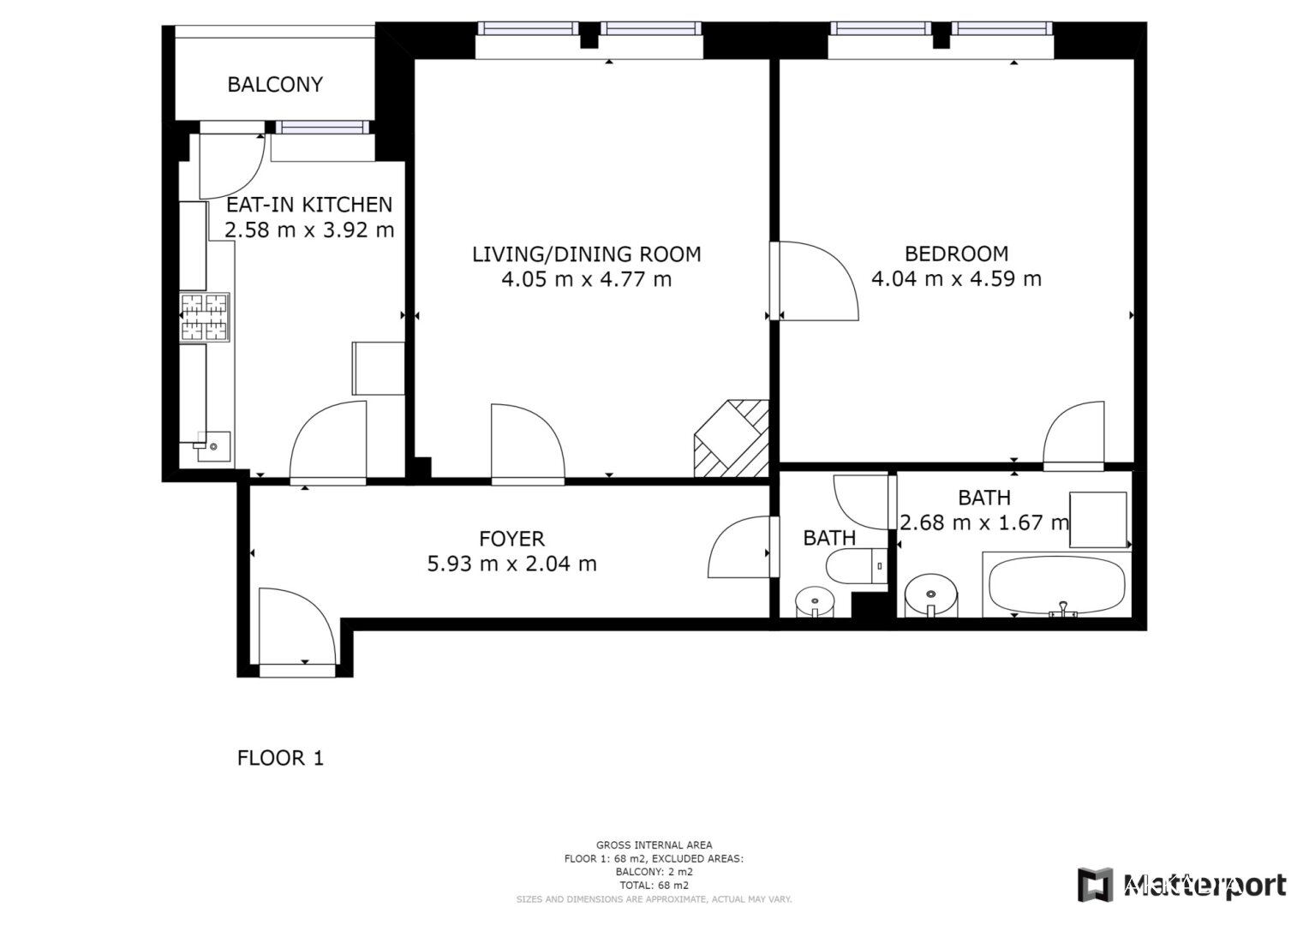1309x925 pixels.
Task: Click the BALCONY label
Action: [x=275, y=85]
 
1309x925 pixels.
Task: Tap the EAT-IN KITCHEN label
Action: [x=309, y=205]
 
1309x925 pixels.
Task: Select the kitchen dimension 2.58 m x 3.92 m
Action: [x=309, y=230]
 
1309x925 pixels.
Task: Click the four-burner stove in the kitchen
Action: [x=204, y=317]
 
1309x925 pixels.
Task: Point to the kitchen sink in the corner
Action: [x=213, y=446]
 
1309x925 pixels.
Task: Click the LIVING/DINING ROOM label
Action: [x=587, y=254]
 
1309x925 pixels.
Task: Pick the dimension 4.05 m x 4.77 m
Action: [x=587, y=279]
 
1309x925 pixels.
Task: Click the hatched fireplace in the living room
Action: [x=731, y=439]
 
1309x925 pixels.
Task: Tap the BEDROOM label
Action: [x=957, y=254]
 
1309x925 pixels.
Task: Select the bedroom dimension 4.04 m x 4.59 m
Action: [x=957, y=278]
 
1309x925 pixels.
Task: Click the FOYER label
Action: [x=512, y=539]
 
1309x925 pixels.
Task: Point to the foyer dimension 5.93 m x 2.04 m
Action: [x=512, y=564]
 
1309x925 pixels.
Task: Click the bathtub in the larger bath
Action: [x=1056, y=584]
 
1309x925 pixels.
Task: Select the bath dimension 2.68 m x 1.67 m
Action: [x=984, y=522]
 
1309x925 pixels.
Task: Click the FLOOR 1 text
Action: [x=280, y=759]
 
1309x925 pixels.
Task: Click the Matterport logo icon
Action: [x=1095, y=885]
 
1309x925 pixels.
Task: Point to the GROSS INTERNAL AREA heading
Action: [x=654, y=845]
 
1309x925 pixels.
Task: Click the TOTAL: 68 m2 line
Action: [x=654, y=886]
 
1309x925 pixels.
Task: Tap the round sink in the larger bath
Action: [x=931, y=595]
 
